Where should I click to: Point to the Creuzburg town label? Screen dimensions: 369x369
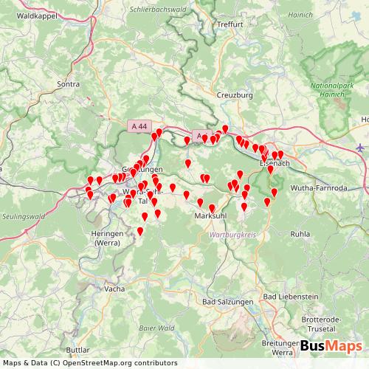pos(235,95)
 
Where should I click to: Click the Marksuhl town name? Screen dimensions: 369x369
pos(209,215)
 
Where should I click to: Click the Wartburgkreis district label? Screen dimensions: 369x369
pos(232,233)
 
